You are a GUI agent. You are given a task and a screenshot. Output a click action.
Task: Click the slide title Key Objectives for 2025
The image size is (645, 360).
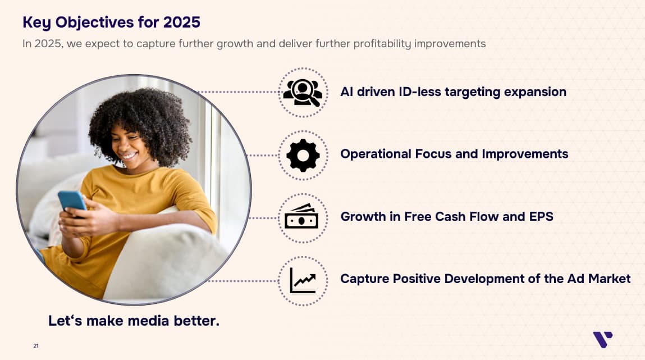112,22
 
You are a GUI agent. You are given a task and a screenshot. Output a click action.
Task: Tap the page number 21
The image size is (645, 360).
36,346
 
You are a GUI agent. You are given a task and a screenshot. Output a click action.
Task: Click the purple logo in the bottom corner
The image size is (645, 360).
603,339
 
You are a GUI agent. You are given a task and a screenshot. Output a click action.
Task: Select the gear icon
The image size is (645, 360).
303,156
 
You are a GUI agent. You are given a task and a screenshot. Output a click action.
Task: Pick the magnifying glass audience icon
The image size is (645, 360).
303,92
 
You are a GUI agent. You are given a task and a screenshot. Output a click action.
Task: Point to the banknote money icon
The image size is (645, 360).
301,216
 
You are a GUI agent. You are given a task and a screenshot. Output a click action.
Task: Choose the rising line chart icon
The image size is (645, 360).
303,281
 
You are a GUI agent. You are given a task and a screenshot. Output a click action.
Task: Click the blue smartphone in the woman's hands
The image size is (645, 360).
72,200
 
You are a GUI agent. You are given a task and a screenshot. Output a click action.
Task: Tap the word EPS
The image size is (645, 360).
541,216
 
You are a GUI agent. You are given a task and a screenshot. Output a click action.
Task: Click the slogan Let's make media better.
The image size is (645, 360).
134,321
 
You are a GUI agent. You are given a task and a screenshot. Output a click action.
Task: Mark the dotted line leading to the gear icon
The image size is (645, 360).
263,156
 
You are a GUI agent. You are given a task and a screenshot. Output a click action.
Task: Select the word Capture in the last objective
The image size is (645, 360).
364,279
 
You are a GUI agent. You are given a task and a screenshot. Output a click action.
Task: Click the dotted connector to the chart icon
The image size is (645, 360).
243,281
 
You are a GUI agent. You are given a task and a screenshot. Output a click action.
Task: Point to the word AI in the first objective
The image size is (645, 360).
346,92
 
